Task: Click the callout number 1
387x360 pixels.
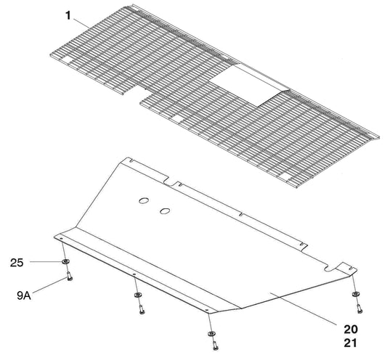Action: (x=68, y=16)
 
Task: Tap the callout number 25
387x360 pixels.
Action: (x=17, y=263)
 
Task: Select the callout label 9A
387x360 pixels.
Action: (x=24, y=295)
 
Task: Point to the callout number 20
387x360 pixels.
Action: (x=351, y=329)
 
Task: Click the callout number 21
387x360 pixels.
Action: (x=351, y=343)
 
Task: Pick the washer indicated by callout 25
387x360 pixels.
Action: (x=65, y=262)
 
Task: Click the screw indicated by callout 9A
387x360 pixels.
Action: (x=70, y=276)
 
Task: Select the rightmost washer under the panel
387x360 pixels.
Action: (x=356, y=294)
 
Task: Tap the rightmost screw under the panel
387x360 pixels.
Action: (x=359, y=308)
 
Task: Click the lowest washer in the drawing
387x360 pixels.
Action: (x=211, y=334)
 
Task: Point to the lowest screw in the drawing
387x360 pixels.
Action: (x=215, y=345)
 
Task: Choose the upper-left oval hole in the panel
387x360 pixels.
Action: (x=144, y=200)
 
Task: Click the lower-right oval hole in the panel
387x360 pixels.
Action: (x=165, y=211)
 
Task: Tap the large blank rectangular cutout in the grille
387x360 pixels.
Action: (x=248, y=85)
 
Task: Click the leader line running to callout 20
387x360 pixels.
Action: (x=303, y=308)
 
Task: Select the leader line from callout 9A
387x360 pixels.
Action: (x=49, y=285)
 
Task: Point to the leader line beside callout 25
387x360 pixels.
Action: (x=46, y=261)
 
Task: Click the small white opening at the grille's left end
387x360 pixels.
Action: (x=67, y=60)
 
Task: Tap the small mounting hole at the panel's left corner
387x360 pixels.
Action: (x=61, y=239)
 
